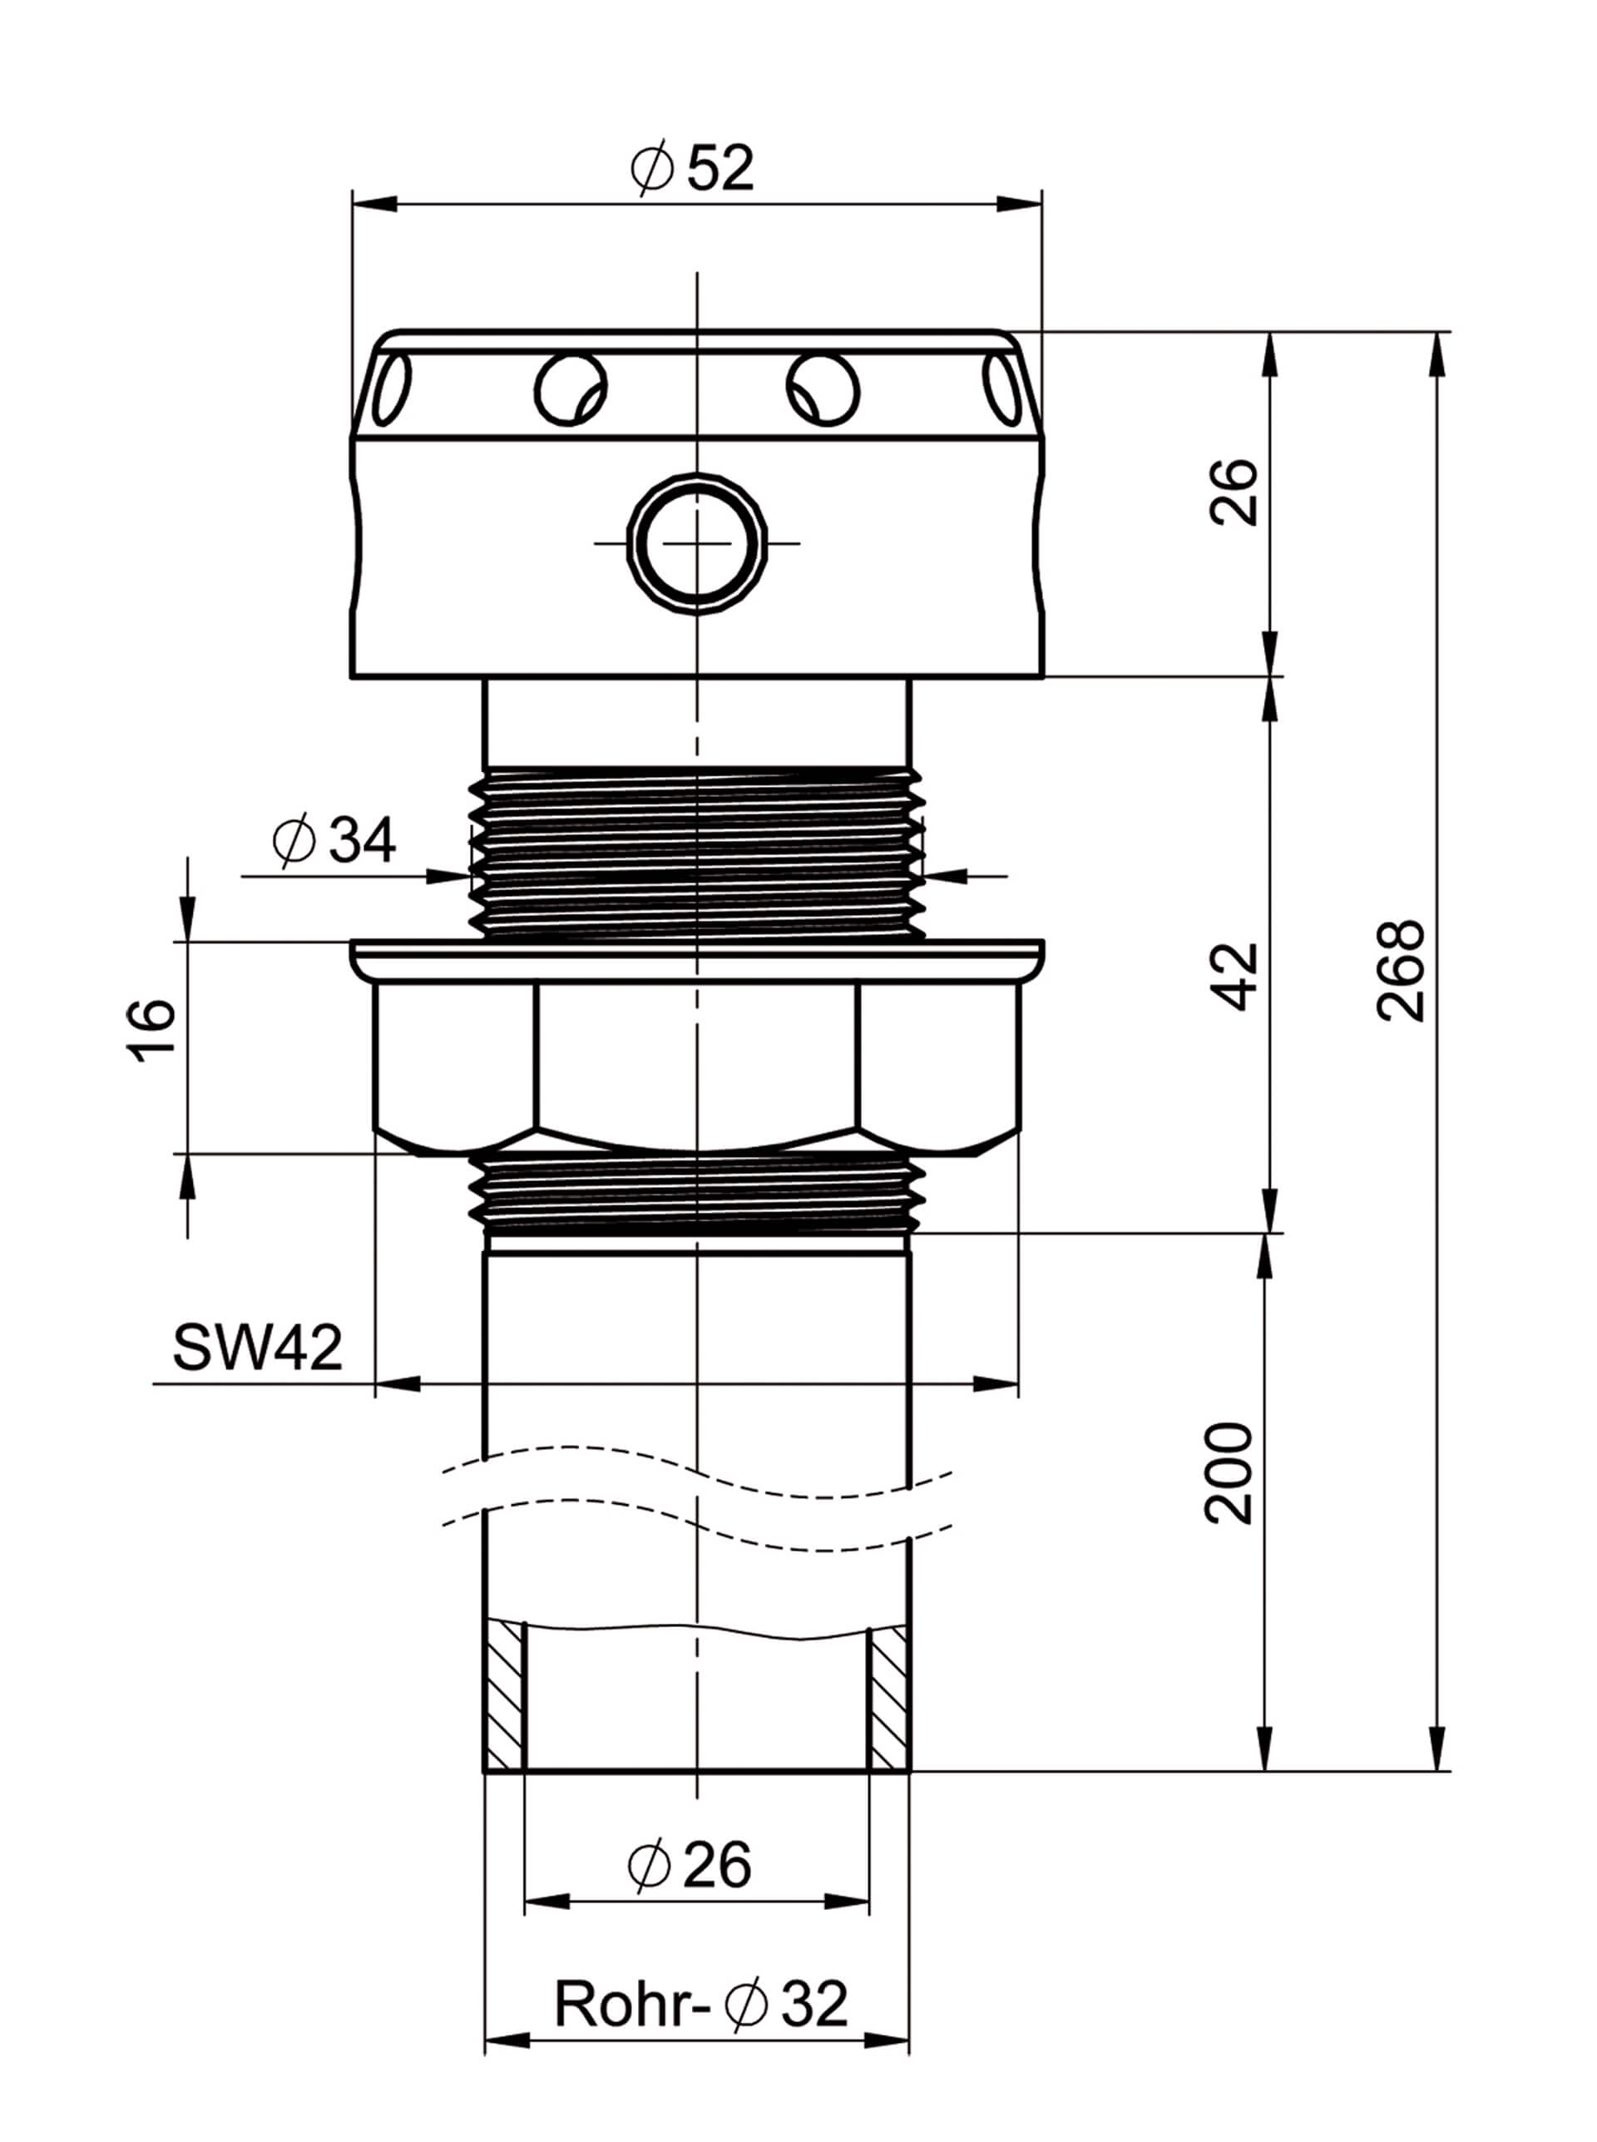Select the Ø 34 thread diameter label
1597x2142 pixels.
[x=334, y=841]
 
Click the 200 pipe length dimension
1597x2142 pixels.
[x=1229, y=1473]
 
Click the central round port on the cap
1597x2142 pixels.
[x=697, y=542]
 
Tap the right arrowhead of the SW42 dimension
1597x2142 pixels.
[x=996, y=1384]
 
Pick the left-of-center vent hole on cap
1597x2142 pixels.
[x=571, y=389]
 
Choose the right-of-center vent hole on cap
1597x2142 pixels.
[x=823, y=389]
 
